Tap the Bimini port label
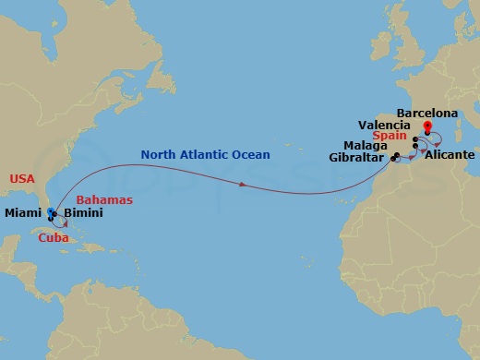pyautogui.click(x=83, y=213)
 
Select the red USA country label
pyautogui.click(x=22, y=177)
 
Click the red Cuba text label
pyautogui.click(x=54, y=237)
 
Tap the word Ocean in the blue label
pyautogui.click(x=249, y=155)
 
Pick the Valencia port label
pyautogui.click(x=384, y=125)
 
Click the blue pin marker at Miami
pyautogui.click(x=50, y=212)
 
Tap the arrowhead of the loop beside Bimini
pyautogui.click(x=66, y=222)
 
